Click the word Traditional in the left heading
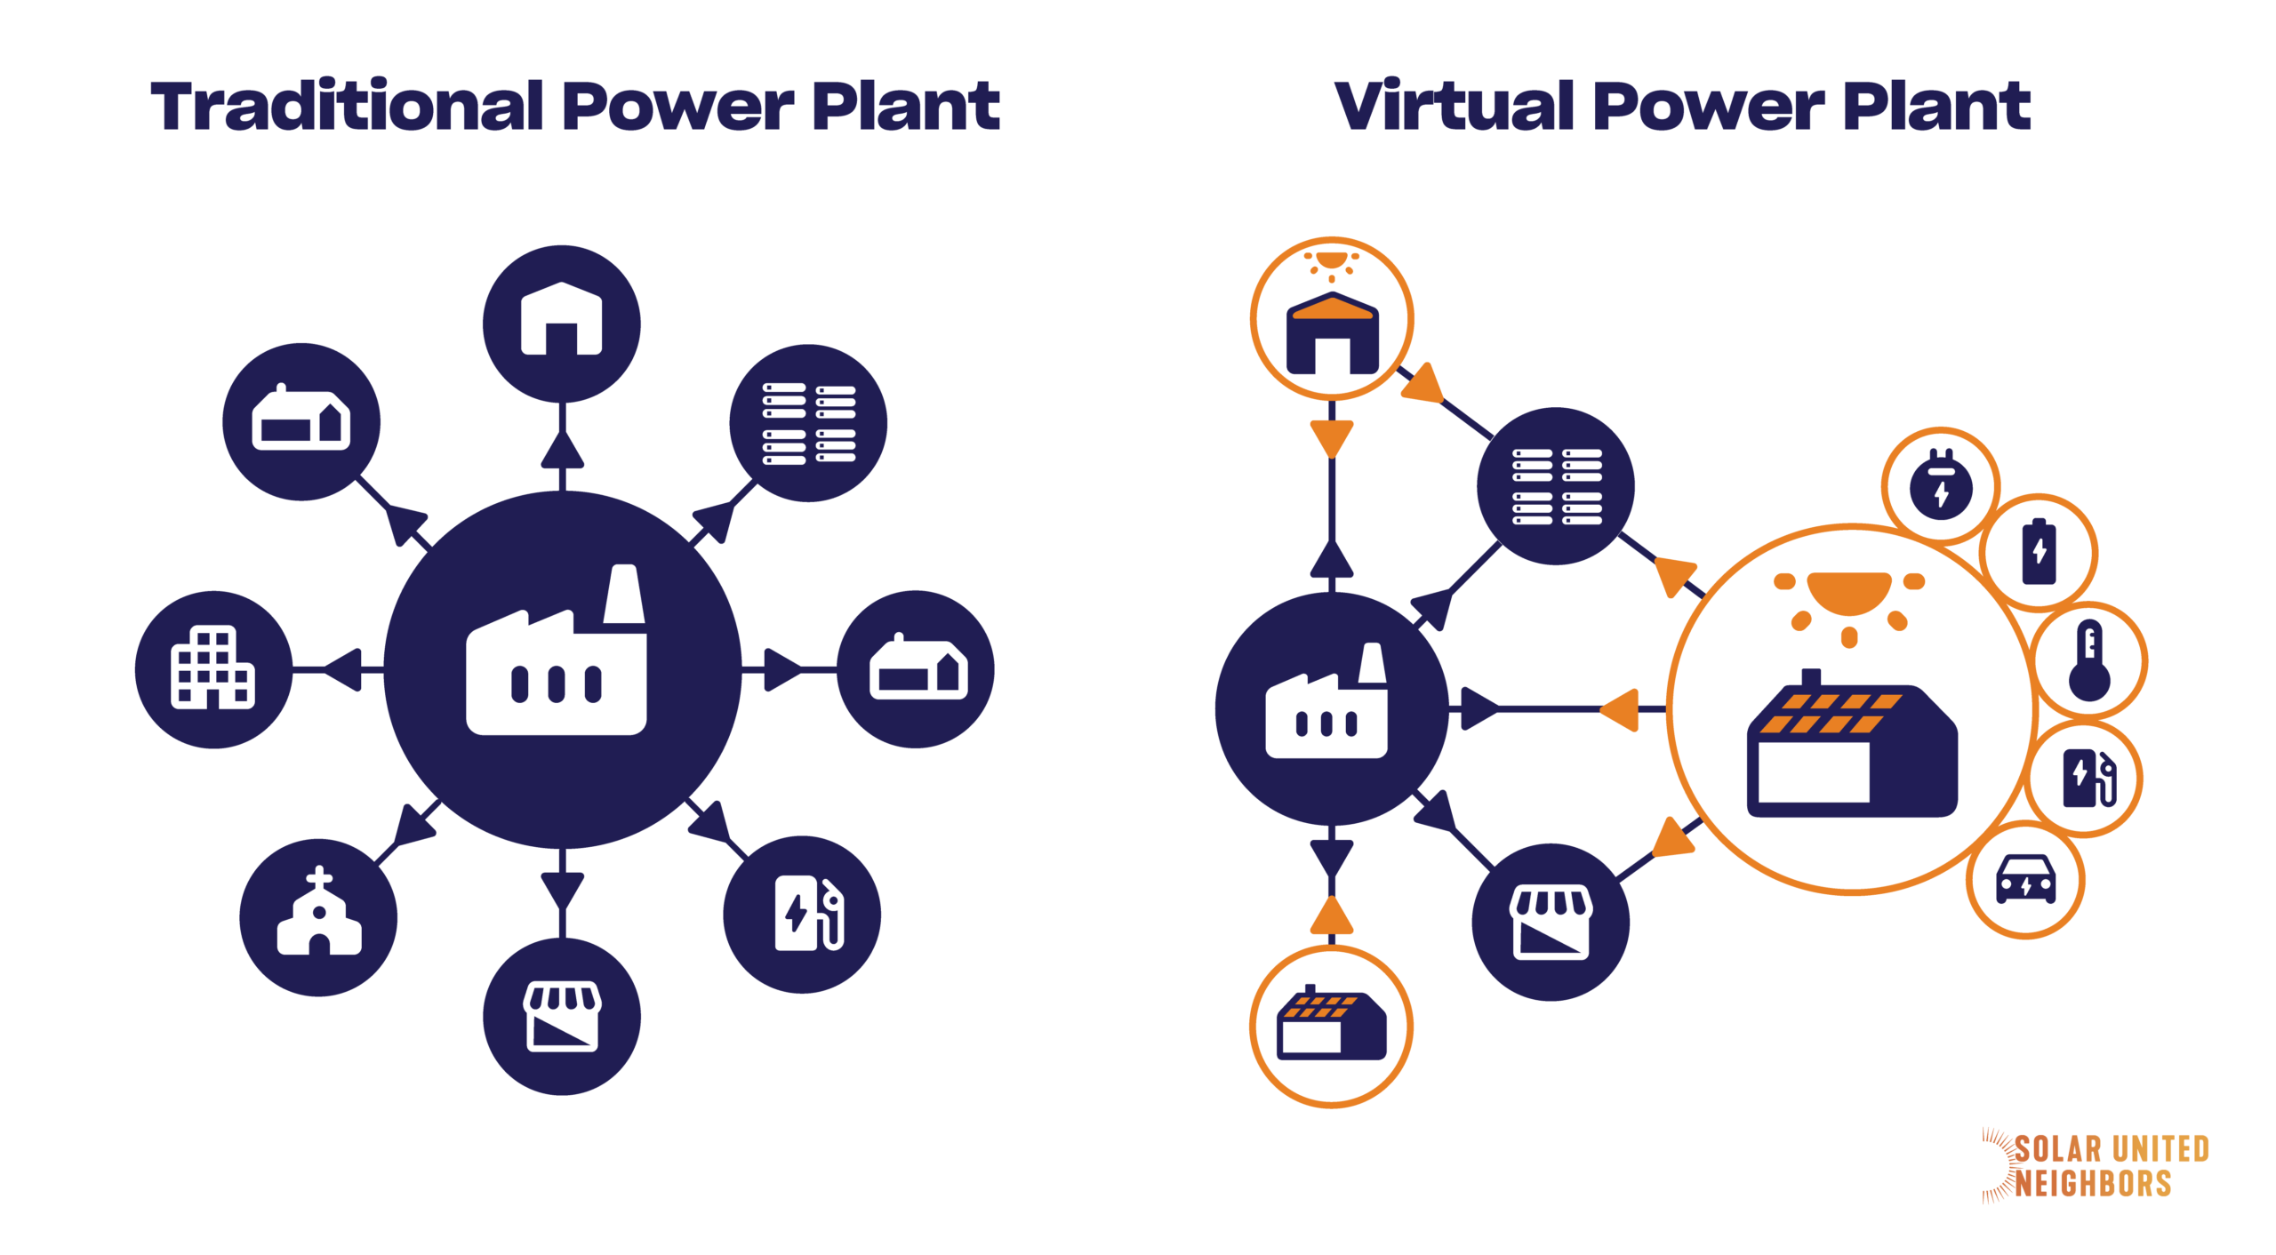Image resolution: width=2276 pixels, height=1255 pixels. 347,107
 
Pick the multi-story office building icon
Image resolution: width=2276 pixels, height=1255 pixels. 212,667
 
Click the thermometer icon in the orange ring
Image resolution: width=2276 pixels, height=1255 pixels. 2089,660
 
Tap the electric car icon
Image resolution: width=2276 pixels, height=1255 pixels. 2026,879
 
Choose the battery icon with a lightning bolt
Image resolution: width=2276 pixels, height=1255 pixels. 2040,552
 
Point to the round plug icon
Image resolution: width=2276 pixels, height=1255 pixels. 1942,485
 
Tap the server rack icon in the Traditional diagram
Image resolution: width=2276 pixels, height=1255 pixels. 808,423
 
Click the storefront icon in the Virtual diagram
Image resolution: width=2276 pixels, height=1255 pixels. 1551,922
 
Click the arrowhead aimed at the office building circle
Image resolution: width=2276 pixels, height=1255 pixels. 345,668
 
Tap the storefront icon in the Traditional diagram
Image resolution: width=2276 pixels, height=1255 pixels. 562,1016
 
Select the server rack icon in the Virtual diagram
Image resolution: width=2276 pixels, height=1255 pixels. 1556,486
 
